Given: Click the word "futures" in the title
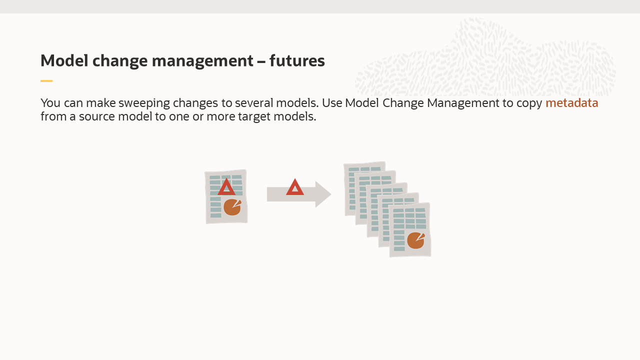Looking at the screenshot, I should (297, 61).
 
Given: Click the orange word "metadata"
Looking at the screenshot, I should (571, 103).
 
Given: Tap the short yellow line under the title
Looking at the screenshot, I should (46, 81).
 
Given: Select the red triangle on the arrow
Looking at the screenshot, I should (295, 188).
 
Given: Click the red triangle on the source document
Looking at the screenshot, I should (226, 187).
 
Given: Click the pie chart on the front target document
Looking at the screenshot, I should (415, 240).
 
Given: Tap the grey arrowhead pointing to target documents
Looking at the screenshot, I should (322, 194).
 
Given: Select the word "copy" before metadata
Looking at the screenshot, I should (529, 103).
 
